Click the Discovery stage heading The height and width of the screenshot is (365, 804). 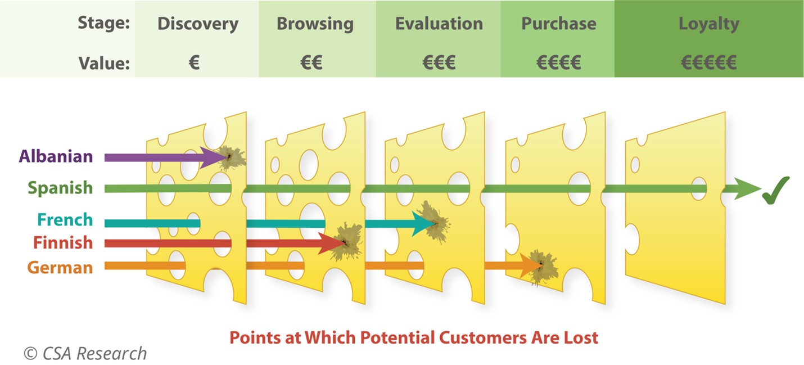pyautogui.click(x=198, y=24)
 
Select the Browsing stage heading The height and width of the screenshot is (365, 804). pyautogui.click(x=315, y=24)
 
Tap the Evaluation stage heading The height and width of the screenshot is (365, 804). pyautogui.click(x=439, y=24)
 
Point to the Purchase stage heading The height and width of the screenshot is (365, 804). pyautogui.click(x=559, y=24)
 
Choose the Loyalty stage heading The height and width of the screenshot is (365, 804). pyautogui.click(x=709, y=24)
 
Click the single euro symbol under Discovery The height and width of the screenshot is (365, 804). pyautogui.click(x=194, y=62)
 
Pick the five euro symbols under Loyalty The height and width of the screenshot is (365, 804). pyautogui.click(x=709, y=62)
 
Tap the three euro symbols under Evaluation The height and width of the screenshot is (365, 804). pyautogui.click(x=439, y=62)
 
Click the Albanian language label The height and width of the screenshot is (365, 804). pyautogui.click(x=56, y=156)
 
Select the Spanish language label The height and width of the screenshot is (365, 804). pyautogui.click(x=60, y=188)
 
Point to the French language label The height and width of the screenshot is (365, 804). pyautogui.click(x=65, y=220)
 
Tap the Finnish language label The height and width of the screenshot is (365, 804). pyautogui.click(x=63, y=242)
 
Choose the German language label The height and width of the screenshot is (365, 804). pyautogui.click(x=60, y=267)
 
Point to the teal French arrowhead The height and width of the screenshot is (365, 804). pyautogui.click(x=423, y=224)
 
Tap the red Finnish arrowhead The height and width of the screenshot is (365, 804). pyautogui.click(x=332, y=244)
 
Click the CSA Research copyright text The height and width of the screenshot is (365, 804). pyautogui.click(x=85, y=354)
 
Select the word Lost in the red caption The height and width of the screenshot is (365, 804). pyautogui.click(x=581, y=338)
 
